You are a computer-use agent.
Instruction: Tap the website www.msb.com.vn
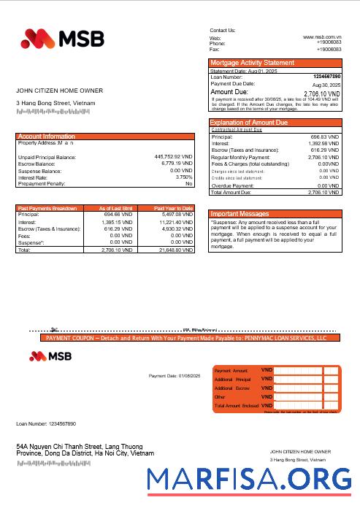(x=322, y=36)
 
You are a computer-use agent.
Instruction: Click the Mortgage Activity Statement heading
(x=252, y=63)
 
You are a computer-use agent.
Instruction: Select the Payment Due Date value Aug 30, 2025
(x=326, y=85)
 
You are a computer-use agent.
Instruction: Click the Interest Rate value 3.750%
(x=184, y=177)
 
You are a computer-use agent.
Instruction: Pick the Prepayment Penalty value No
(x=188, y=184)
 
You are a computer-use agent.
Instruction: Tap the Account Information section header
(x=47, y=137)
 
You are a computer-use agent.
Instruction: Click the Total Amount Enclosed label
(x=237, y=405)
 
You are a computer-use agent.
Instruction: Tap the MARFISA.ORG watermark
(x=250, y=478)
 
